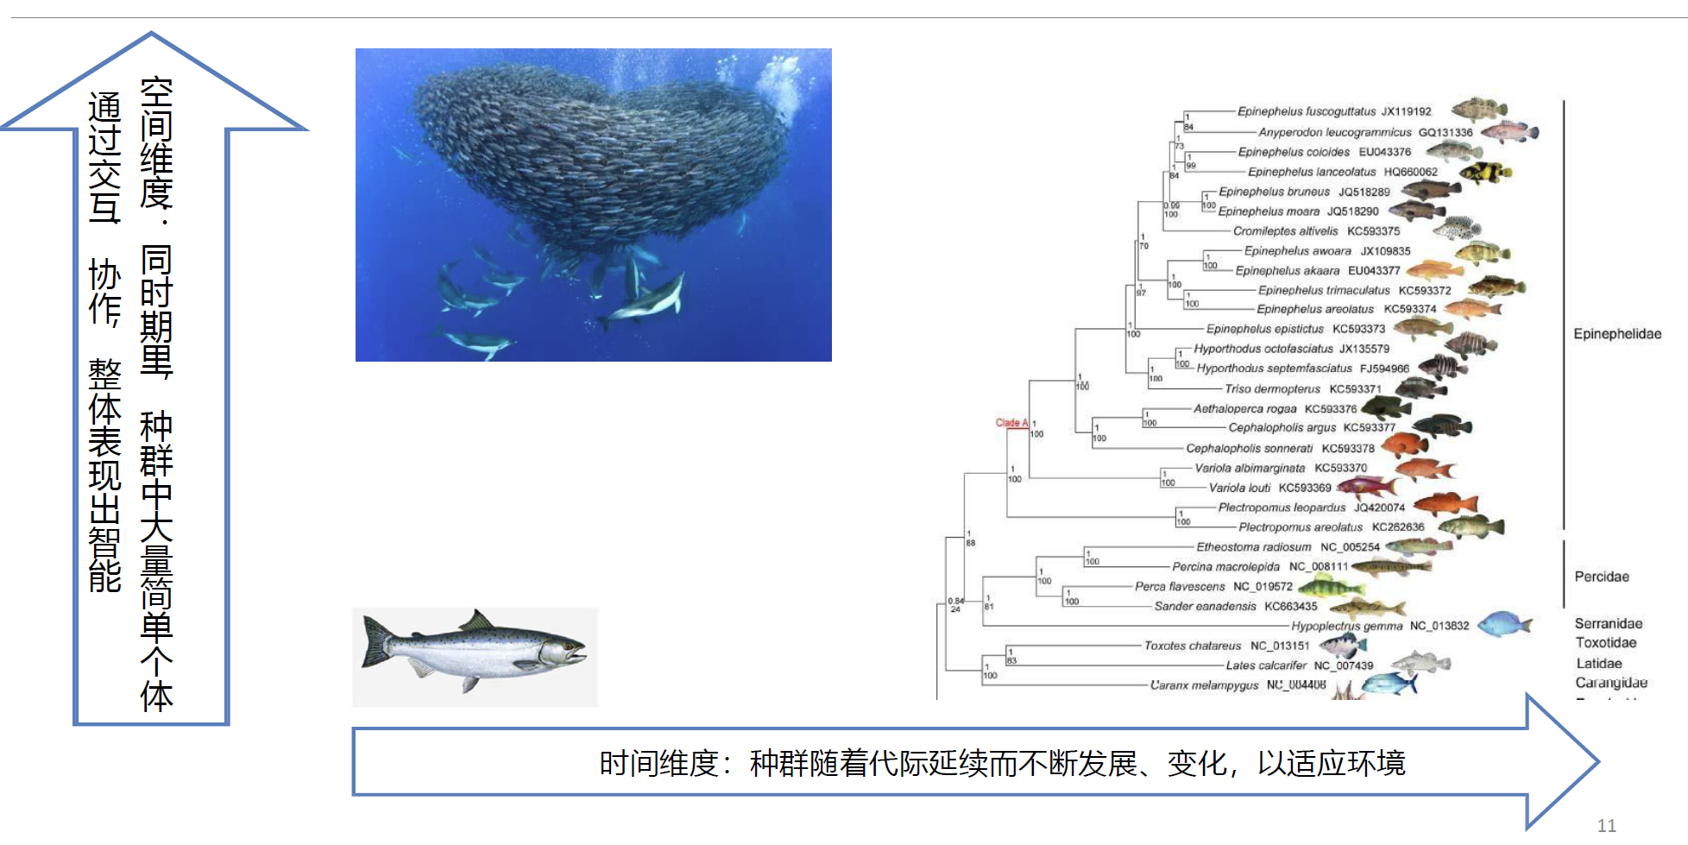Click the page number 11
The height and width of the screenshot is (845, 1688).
[x=1606, y=826]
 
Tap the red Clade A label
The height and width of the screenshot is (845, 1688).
[x=1011, y=423]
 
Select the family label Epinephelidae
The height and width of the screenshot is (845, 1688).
[x=1616, y=334]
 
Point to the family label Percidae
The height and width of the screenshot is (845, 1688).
[x=1602, y=577]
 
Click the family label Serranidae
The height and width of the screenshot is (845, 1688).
[x=1608, y=623]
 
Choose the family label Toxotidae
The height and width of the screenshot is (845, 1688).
[x=1605, y=643]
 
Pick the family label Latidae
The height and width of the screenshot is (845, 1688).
[x=1599, y=664]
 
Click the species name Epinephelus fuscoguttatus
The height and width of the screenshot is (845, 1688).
[x=1306, y=111]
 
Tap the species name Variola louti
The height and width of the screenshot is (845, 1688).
[x=1239, y=488]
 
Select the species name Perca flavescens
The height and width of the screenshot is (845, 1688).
[x=1180, y=587]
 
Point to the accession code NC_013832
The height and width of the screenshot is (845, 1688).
[x=1439, y=626]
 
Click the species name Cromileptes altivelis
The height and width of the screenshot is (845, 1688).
[x=1285, y=231]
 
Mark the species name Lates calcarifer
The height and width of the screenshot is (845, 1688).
[x=1266, y=665]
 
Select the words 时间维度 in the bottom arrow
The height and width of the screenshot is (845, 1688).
[x=659, y=764]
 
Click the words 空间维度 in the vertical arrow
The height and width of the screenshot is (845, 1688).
[x=156, y=142]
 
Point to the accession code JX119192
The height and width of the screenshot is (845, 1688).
[x=1406, y=111]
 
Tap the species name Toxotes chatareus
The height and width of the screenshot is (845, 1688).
[x=1192, y=646]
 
